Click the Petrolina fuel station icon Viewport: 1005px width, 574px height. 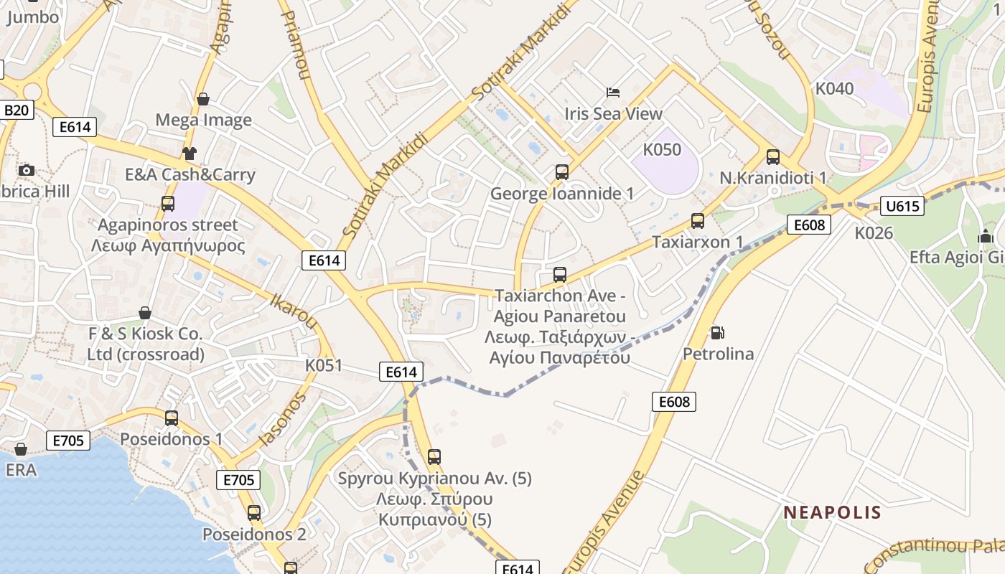pos(716,333)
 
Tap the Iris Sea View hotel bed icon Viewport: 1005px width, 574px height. pos(613,92)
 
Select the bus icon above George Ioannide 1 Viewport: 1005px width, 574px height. pos(561,172)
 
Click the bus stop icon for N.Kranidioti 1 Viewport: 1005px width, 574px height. pos(773,156)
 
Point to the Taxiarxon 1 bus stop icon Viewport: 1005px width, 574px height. pos(697,221)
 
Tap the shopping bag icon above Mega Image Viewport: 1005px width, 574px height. pos(203,99)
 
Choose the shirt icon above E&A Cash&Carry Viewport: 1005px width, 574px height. pos(189,153)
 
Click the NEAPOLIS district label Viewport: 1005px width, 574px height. pos(832,512)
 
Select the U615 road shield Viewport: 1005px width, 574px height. pos(902,207)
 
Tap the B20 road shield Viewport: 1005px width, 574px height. pos(17,110)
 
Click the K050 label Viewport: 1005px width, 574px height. pos(661,150)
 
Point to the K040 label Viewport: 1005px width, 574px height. pos(834,88)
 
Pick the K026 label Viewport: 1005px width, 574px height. pos(873,232)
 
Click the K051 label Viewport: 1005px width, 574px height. pos(324,365)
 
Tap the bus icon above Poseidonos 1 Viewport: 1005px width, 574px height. pos(171,418)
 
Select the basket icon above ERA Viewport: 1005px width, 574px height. pos(20,449)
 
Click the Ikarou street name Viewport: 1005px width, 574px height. pos(294,311)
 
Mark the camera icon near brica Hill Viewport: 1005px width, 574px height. pos(27,170)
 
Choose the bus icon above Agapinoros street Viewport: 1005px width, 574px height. pos(167,203)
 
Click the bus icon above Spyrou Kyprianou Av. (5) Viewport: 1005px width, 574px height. pos(434,456)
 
